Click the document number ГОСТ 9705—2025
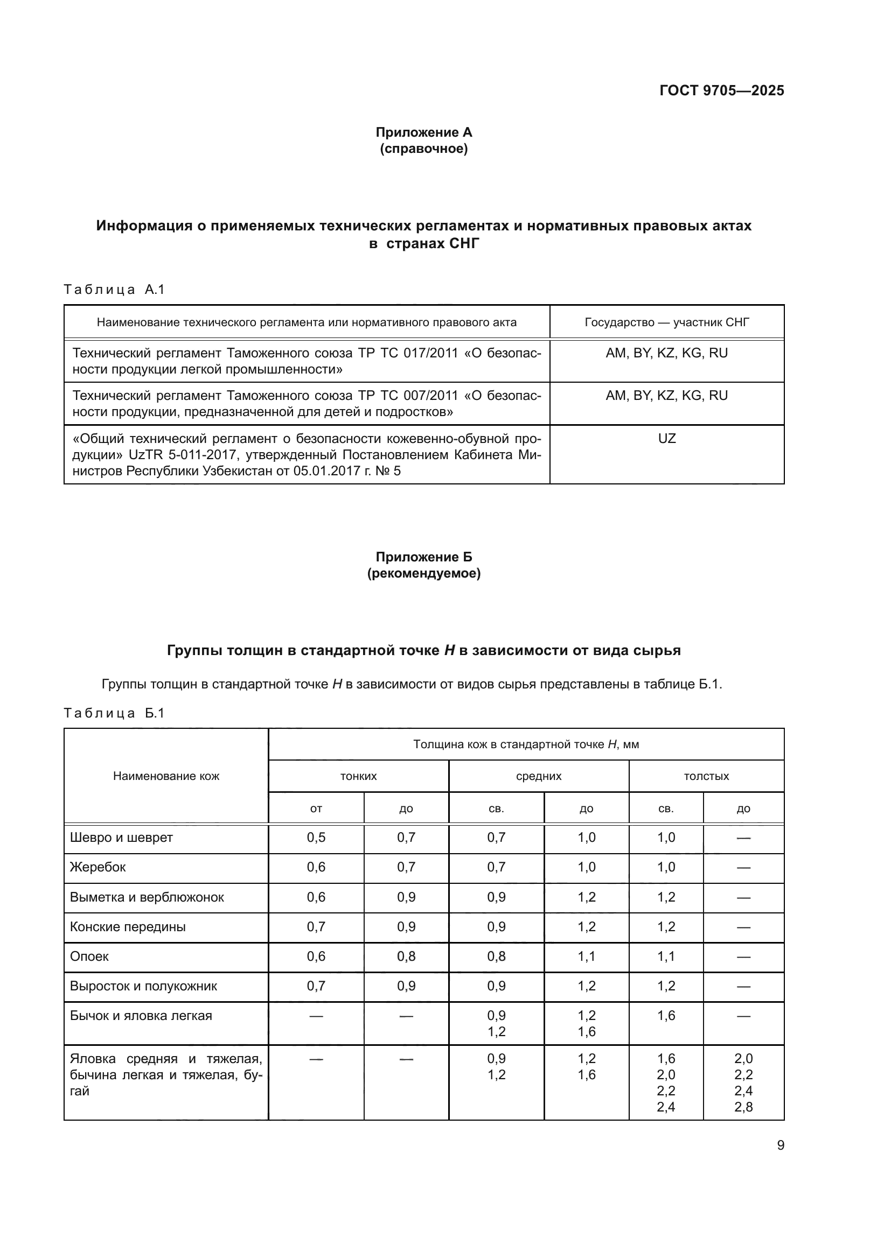coord(721,90)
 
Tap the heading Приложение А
coord(423,132)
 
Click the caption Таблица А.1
coord(114,290)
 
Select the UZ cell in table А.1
coord(666,439)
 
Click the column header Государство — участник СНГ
coord(666,322)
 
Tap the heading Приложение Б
coord(423,557)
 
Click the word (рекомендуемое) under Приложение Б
coord(423,574)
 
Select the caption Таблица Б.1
coord(114,713)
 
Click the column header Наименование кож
coord(166,776)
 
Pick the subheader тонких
coord(358,777)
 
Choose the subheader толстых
coord(706,777)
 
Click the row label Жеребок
coord(98,868)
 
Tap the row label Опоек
coord(89,956)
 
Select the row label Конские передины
coord(128,927)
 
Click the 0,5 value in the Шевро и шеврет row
coord(316,838)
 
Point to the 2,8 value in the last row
coord(743,1107)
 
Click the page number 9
coord(780,1145)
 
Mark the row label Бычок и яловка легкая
coord(141,1016)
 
